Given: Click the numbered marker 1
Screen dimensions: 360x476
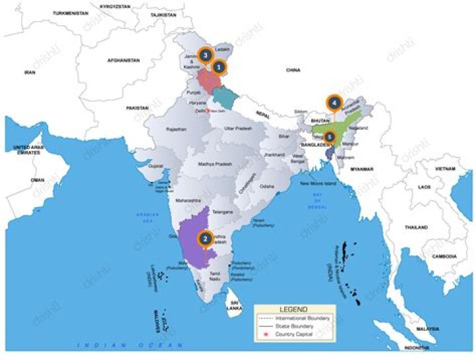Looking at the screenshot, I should (x=219, y=67).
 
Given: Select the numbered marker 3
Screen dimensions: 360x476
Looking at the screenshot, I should (x=206, y=55).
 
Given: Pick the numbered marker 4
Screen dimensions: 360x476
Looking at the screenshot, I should (x=335, y=103).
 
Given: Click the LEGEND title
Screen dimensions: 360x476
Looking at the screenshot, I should (x=294, y=309).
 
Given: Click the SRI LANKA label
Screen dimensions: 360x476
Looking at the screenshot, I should (x=232, y=305).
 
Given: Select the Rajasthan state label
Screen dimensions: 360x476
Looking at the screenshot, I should (x=178, y=128).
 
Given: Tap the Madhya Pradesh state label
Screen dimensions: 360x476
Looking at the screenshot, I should (x=215, y=163).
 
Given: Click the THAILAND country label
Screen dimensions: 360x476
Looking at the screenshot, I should (x=416, y=226).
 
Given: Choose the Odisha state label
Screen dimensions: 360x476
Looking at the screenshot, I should (x=266, y=187).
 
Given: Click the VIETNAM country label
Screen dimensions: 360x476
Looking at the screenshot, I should (x=444, y=169).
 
